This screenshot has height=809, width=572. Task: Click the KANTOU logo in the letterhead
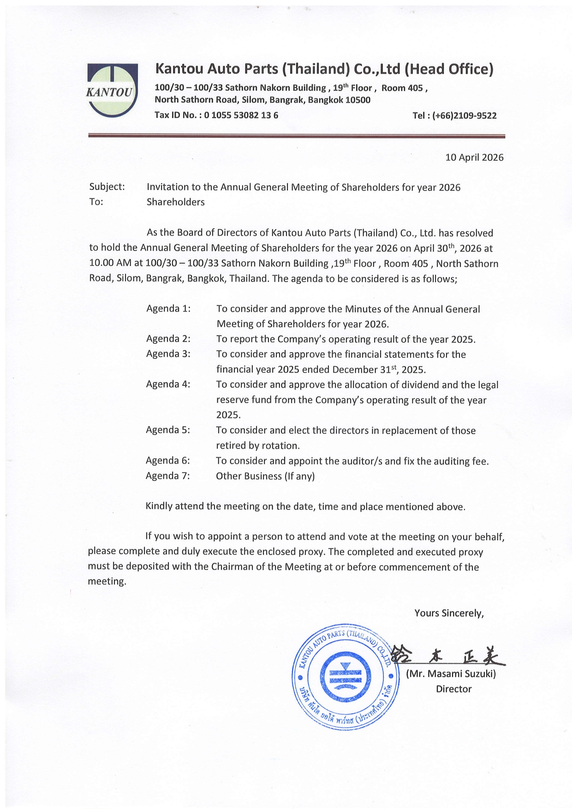point(112,90)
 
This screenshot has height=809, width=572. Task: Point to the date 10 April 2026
point(474,158)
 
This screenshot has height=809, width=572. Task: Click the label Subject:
point(107,187)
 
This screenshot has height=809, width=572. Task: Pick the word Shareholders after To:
point(175,202)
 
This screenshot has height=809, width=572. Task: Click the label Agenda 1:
point(168,308)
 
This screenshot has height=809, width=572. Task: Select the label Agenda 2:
point(168,339)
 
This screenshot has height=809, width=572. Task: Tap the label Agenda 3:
point(168,354)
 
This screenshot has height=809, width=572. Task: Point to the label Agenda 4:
point(168,384)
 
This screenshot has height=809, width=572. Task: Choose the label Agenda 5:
point(168,430)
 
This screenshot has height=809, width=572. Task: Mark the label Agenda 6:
point(167,461)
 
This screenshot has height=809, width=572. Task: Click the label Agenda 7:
point(167,476)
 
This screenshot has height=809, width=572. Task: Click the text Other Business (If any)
point(265,476)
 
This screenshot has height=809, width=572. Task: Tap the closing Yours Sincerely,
point(449,613)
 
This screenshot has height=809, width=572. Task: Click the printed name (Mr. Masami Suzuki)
point(451,674)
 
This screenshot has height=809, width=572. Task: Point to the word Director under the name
point(453,689)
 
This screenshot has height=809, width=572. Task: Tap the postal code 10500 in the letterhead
point(357,100)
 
